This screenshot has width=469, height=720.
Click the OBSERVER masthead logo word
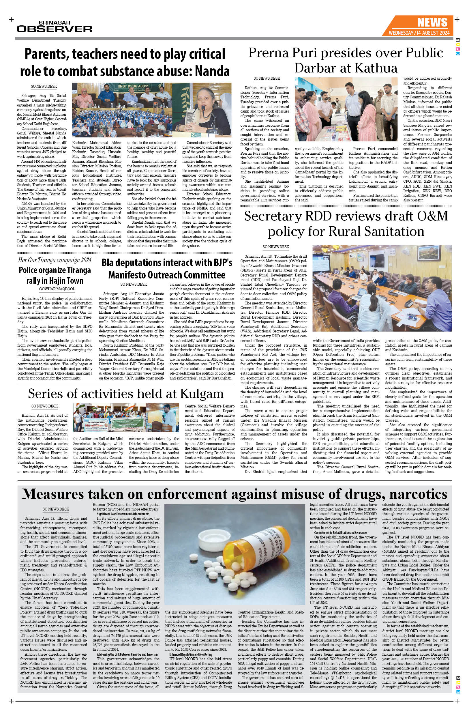tap(55, 29)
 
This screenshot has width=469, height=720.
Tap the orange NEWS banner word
tap(432, 23)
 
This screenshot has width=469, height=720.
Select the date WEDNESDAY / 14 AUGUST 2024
tap(419, 33)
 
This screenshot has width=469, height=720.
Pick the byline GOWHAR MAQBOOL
tap(57, 289)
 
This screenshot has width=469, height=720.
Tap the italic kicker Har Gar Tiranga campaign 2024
tap(55, 260)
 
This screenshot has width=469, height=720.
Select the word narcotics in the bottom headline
tap(418, 494)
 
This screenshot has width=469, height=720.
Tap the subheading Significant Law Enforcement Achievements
tap(123, 514)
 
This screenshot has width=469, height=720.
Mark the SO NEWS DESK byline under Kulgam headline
tap(44, 406)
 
